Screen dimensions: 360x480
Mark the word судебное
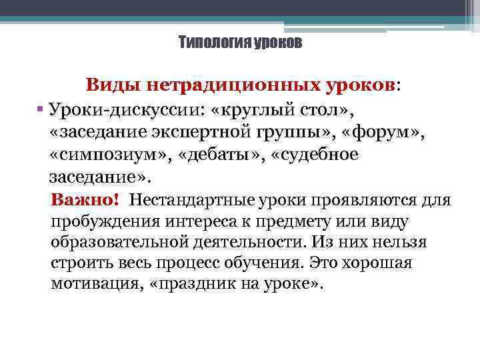321,155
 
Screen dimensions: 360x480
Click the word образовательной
117,241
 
